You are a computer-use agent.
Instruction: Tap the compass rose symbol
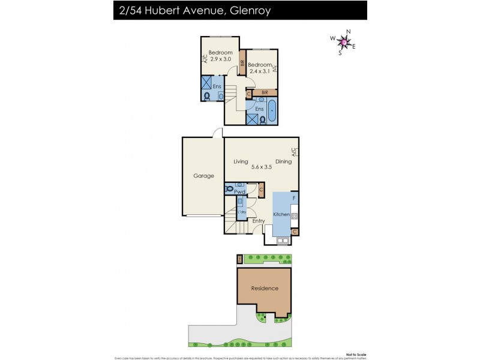(344, 41)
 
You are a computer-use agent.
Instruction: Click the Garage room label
(203, 176)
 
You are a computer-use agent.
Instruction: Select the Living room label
(241, 161)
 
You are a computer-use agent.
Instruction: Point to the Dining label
(283, 161)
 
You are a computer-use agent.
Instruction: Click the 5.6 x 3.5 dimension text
(261, 167)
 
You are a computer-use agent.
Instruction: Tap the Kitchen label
(281, 214)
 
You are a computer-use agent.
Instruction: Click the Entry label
(259, 221)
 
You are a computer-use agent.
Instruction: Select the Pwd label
(239, 192)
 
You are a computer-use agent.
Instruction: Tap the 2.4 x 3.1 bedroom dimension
(260, 71)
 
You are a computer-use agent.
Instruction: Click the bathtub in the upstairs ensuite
(272, 112)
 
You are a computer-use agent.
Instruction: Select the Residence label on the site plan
(265, 289)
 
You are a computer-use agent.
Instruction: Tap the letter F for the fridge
(293, 197)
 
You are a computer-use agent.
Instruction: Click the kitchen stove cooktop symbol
(295, 215)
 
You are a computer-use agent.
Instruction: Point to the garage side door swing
(218, 133)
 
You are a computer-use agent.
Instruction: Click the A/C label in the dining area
(294, 152)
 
